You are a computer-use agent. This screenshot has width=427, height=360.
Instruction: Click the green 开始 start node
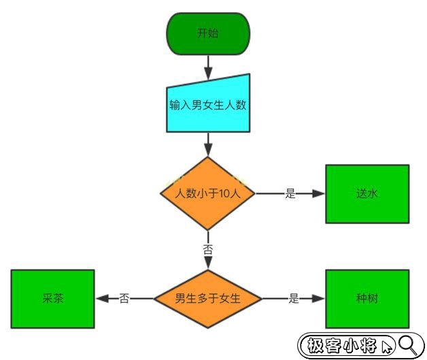(x=208, y=33)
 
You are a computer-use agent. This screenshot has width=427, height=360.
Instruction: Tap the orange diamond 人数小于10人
(x=208, y=193)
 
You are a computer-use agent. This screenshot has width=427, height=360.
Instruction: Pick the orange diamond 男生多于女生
(x=208, y=298)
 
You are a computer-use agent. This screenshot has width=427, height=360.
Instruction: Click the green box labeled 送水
(x=367, y=193)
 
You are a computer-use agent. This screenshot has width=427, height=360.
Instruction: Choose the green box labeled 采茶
(x=52, y=298)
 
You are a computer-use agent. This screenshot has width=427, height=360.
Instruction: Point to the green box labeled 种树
(x=367, y=298)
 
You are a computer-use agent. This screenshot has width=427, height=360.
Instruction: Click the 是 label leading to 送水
(x=290, y=193)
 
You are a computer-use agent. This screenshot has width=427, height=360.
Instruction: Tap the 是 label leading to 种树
(x=294, y=298)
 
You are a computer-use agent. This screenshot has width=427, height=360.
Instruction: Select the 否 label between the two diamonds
(x=208, y=250)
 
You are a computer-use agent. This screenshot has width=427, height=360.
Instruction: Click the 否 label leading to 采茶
(x=124, y=298)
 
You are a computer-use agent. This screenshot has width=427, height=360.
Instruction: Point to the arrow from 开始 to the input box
(x=208, y=66)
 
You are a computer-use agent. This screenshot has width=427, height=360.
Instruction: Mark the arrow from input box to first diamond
(x=208, y=145)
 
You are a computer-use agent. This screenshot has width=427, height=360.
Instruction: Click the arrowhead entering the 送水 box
(x=319, y=193)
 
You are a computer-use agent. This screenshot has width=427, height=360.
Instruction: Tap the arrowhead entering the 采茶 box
(x=102, y=298)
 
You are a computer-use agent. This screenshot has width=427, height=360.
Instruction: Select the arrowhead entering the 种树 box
(x=319, y=298)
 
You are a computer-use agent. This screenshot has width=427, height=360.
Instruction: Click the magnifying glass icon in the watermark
(x=409, y=344)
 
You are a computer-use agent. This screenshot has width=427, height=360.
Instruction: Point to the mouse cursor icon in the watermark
(x=388, y=346)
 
